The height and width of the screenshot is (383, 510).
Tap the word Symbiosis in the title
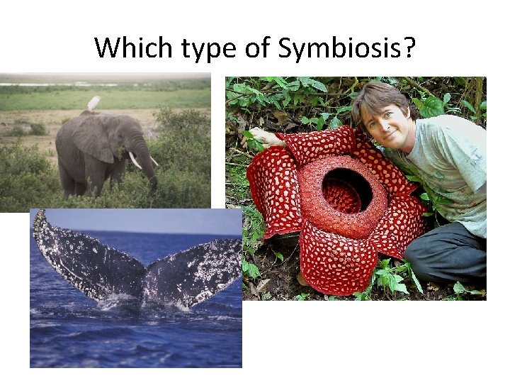pos(339,48)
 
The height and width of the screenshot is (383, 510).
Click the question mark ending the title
pos(409,48)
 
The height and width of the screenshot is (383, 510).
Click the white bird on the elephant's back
pos(94,103)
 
